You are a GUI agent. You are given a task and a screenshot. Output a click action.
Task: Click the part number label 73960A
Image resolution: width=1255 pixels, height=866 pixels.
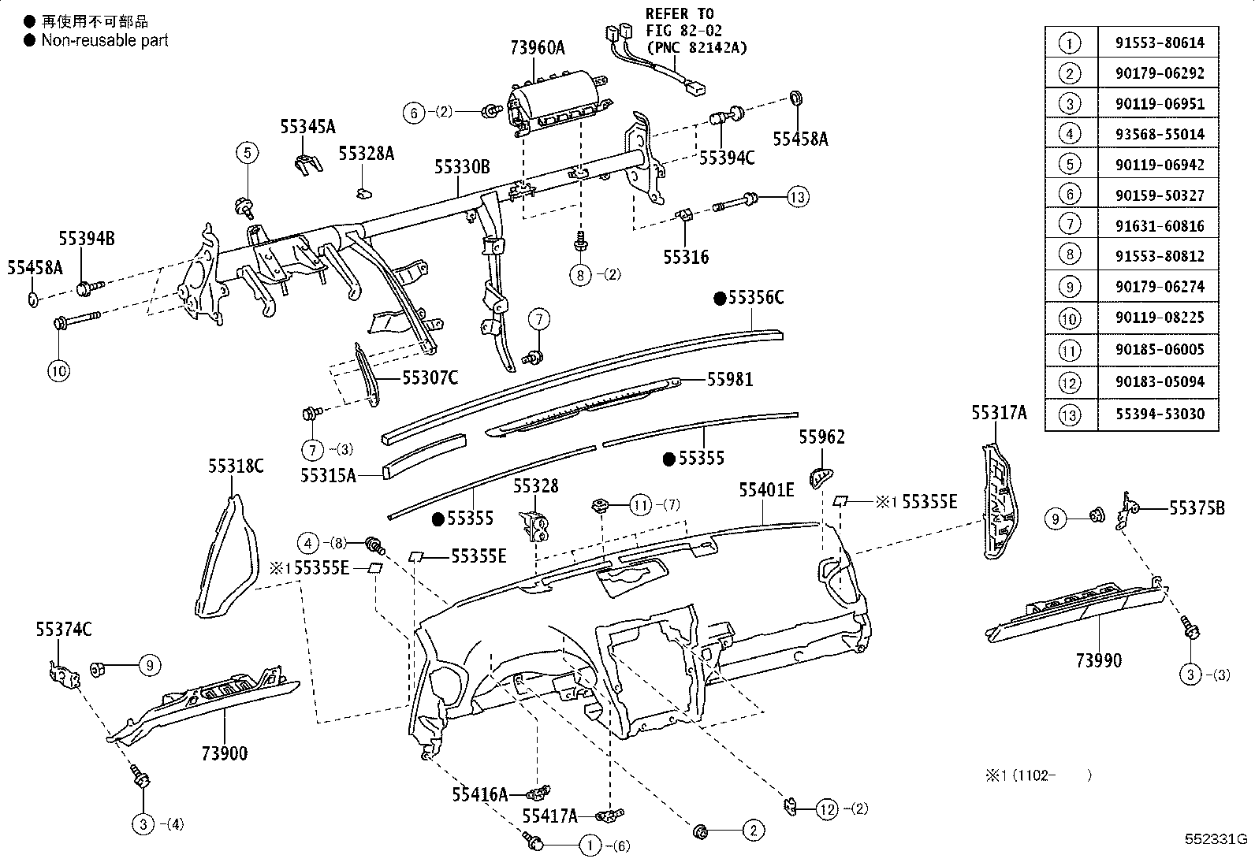pos(537,48)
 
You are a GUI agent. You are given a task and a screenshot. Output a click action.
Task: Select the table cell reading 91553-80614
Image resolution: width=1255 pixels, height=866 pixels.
pos(1159,43)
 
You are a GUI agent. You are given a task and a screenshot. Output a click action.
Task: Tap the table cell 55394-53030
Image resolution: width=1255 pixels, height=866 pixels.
pos(1159,414)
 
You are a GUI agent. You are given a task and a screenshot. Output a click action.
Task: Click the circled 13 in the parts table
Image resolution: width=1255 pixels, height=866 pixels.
pos(1070,414)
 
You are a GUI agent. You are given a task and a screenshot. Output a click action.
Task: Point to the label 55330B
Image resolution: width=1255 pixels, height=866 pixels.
pos(462,167)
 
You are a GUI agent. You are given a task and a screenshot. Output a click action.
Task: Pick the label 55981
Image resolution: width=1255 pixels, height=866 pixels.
pos(729,380)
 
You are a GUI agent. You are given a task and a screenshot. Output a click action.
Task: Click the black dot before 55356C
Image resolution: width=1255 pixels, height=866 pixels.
pos(719,298)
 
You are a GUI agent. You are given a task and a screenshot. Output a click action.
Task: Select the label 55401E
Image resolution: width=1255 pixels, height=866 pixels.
pos(765,490)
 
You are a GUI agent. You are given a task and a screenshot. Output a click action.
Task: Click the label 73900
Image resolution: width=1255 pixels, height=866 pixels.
pos(224,753)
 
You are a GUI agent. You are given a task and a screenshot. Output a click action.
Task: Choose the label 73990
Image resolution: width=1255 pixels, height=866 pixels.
pos(1099,660)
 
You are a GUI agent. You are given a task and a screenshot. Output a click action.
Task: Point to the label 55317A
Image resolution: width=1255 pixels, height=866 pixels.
pos(998,413)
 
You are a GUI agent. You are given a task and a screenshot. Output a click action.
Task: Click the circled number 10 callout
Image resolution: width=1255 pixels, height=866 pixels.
pos(60,370)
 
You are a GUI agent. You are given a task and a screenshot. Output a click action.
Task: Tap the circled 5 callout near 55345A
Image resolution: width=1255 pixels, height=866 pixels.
pos(247,153)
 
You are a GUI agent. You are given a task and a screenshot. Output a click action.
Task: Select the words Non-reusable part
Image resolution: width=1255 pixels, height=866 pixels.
pos(105,39)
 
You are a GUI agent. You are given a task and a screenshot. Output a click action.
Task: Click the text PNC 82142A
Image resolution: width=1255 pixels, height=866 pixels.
pos(697,47)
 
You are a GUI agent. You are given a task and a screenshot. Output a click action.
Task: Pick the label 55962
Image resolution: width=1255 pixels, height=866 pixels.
pos(821,437)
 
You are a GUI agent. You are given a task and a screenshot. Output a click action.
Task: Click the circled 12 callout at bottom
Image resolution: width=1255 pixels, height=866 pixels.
pos(826,809)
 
